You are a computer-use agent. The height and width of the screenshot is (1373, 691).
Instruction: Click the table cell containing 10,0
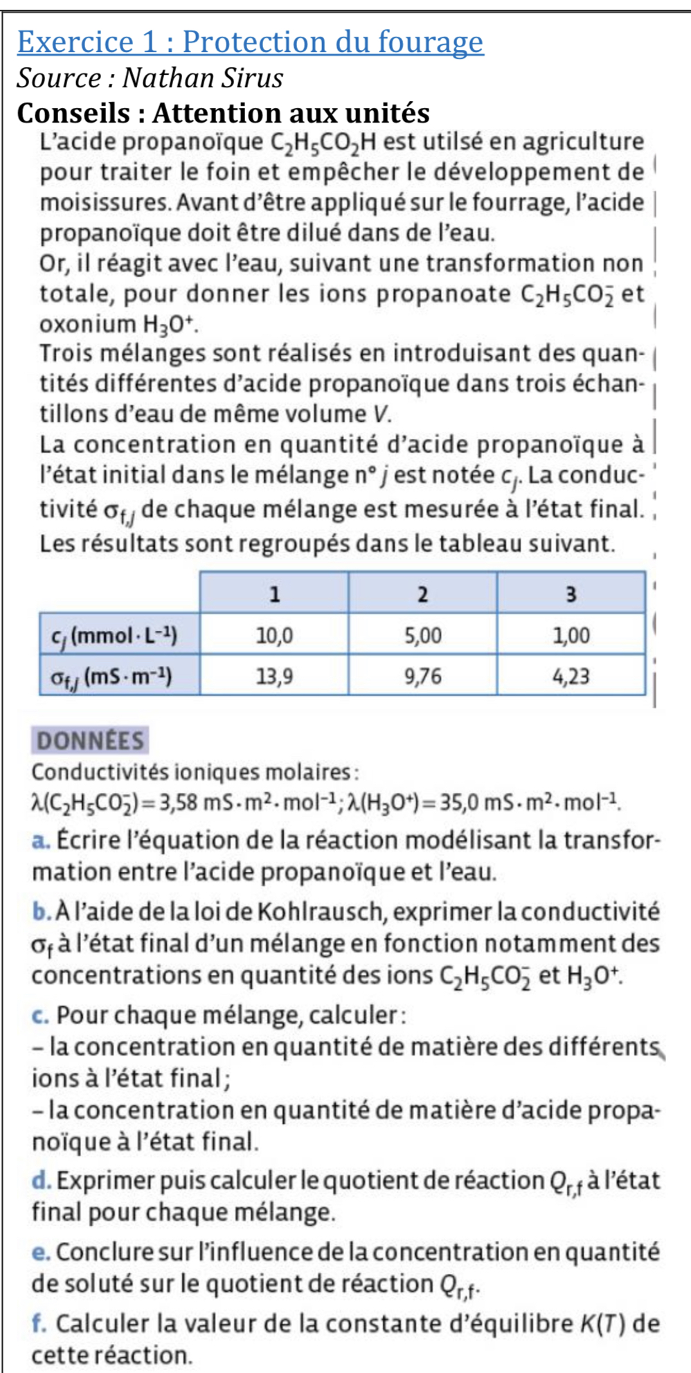coord(274,635)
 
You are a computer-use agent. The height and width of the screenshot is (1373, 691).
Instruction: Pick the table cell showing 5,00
coord(422,635)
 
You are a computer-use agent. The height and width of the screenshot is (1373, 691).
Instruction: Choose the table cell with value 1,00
coord(571,635)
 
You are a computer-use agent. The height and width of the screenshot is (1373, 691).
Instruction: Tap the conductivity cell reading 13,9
coord(274,676)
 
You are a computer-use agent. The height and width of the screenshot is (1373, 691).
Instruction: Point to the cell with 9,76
coord(422,676)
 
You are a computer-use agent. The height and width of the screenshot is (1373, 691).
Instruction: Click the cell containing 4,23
coord(571,676)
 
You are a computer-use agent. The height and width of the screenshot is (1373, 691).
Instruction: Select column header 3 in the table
coord(571,594)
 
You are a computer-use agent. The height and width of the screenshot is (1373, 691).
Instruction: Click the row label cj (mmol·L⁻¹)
coord(115,635)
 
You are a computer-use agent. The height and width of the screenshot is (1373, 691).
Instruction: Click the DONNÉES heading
coord(91,741)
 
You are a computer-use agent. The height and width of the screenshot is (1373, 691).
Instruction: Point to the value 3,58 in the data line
coord(179,804)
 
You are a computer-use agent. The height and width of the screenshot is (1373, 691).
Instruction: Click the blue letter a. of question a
coord(40,841)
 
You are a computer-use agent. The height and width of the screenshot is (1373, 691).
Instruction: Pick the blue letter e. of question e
coord(40,1253)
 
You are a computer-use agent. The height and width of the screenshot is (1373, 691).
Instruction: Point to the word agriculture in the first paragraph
coord(584,142)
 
